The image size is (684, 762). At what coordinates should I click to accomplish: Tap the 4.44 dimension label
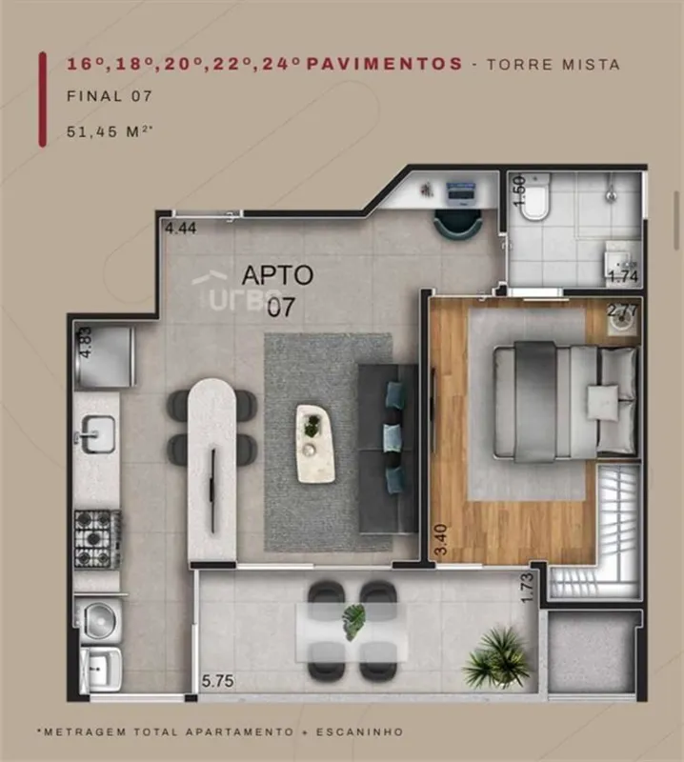click(181, 229)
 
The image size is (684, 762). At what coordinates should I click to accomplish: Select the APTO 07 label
click(278, 291)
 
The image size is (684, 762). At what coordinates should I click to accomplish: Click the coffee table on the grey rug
click(315, 444)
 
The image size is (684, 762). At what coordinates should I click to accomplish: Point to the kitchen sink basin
click(98, 434)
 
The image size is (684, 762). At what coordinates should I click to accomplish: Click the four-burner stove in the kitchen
click(97, 539)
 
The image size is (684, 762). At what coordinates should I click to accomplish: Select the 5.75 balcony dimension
click(217, 681)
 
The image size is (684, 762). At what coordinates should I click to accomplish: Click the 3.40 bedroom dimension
click(441, 539)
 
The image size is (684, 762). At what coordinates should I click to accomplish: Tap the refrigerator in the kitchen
click(105, 357)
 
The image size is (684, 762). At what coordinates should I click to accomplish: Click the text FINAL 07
click(110, 96)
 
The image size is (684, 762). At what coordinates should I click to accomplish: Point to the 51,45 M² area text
click(110, 131)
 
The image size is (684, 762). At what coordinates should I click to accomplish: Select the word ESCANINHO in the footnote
click(360, 732)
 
